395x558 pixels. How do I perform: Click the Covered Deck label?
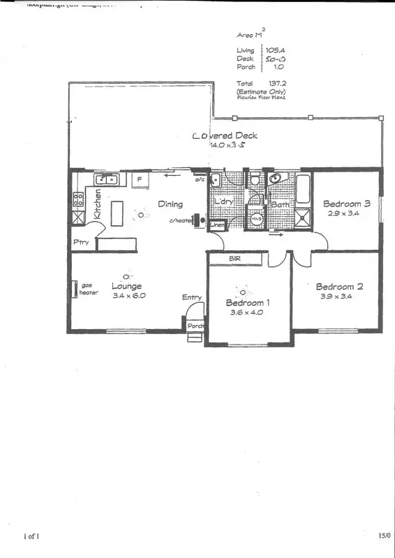tap(225, 135)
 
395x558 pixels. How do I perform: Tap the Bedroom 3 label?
tap(345, 204)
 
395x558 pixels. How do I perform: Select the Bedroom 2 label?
tap(340, 286)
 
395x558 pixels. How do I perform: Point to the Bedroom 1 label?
tap(249, 303)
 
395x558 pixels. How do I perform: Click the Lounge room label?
tap(126, 286)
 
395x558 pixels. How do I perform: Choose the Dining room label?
tap(170, 204)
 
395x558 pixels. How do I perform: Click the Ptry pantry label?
tap(80, 242)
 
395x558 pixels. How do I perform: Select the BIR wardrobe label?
tap(234, 258)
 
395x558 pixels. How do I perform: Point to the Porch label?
tap(195, 326)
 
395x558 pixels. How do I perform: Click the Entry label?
tap(192, 298)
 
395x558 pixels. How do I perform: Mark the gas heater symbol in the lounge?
tap(74, 289)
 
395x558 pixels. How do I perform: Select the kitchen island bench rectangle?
tap(117, 213)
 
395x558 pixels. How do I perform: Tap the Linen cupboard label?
tap(218, 225)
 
